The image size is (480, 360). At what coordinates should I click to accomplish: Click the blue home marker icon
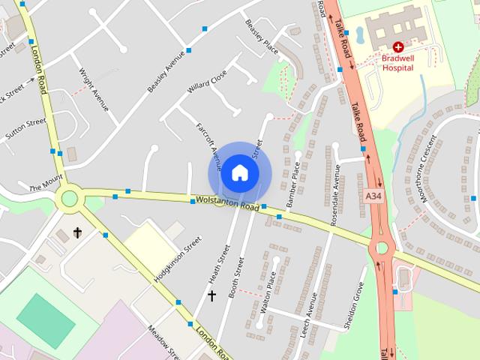point(239,172)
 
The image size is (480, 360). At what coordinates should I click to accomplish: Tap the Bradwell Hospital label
point(398,62)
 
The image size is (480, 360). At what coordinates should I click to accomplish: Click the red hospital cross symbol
point(398,46)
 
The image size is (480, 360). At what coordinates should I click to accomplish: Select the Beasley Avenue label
point(166,71)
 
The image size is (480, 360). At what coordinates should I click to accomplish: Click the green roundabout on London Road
point(70,198)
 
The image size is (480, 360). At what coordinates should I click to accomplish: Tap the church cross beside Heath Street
point(211,296)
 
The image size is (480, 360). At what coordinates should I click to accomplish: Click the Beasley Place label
point(262,37)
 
